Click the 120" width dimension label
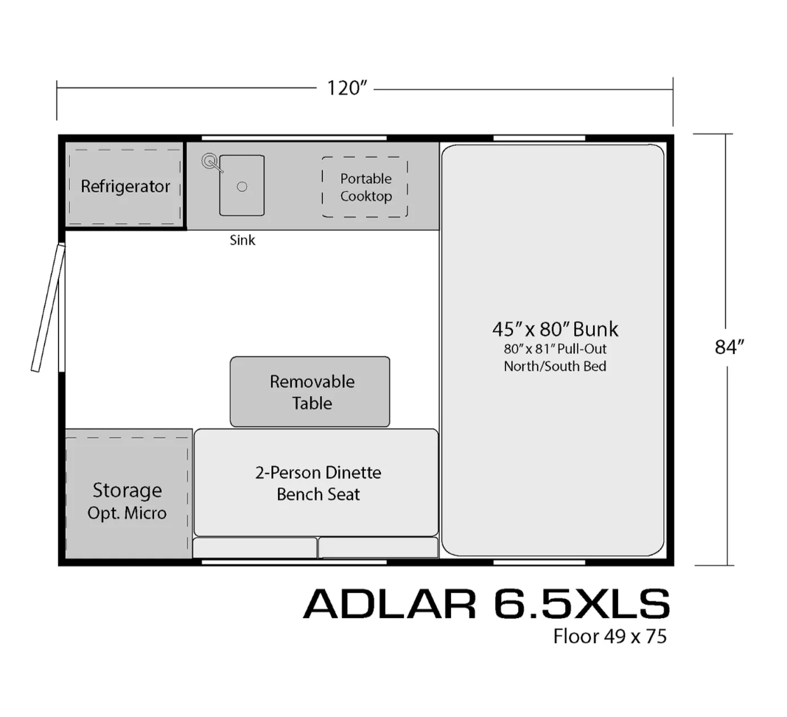(347, 88)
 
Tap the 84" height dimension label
(729, 347)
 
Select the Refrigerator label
(125, 187)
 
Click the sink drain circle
(242, 187)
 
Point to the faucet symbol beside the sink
(211, 163)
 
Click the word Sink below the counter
(242, 240)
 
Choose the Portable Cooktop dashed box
(365, 187)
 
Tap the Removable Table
(309, 392)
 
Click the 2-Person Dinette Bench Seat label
(318, 483)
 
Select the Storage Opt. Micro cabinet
(128, 493)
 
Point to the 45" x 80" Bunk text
(555, 329)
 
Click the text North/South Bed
(555, 367)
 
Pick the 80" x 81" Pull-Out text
(555, 349)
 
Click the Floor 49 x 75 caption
(610, 637)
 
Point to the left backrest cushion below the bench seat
(255, 547)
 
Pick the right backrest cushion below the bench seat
(379, 547)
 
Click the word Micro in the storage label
(145, 513)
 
